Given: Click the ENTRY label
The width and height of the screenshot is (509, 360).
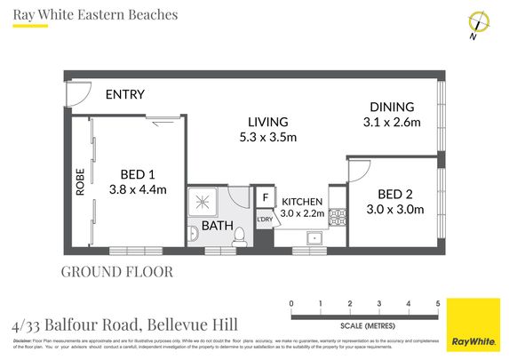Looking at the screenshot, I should pos(124,95).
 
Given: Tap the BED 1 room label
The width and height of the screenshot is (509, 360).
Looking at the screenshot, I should pos(138,173).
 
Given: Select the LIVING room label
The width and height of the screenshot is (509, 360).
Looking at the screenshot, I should pos(267,122).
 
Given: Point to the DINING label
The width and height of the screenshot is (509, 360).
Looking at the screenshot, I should pos(392,105).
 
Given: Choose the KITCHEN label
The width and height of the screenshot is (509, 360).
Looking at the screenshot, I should pos(302,202).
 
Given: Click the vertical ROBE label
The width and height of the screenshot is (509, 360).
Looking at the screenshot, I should pos(79,183).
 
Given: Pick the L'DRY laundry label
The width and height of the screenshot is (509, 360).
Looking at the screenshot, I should pos(265,220).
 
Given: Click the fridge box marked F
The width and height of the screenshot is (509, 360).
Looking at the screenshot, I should pos(265,198).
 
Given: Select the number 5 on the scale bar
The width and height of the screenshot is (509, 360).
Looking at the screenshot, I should pos(438,304).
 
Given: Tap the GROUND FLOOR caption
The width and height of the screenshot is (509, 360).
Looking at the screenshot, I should pos(117,271).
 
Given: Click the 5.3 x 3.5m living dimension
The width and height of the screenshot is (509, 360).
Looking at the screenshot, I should pos(267,137).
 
